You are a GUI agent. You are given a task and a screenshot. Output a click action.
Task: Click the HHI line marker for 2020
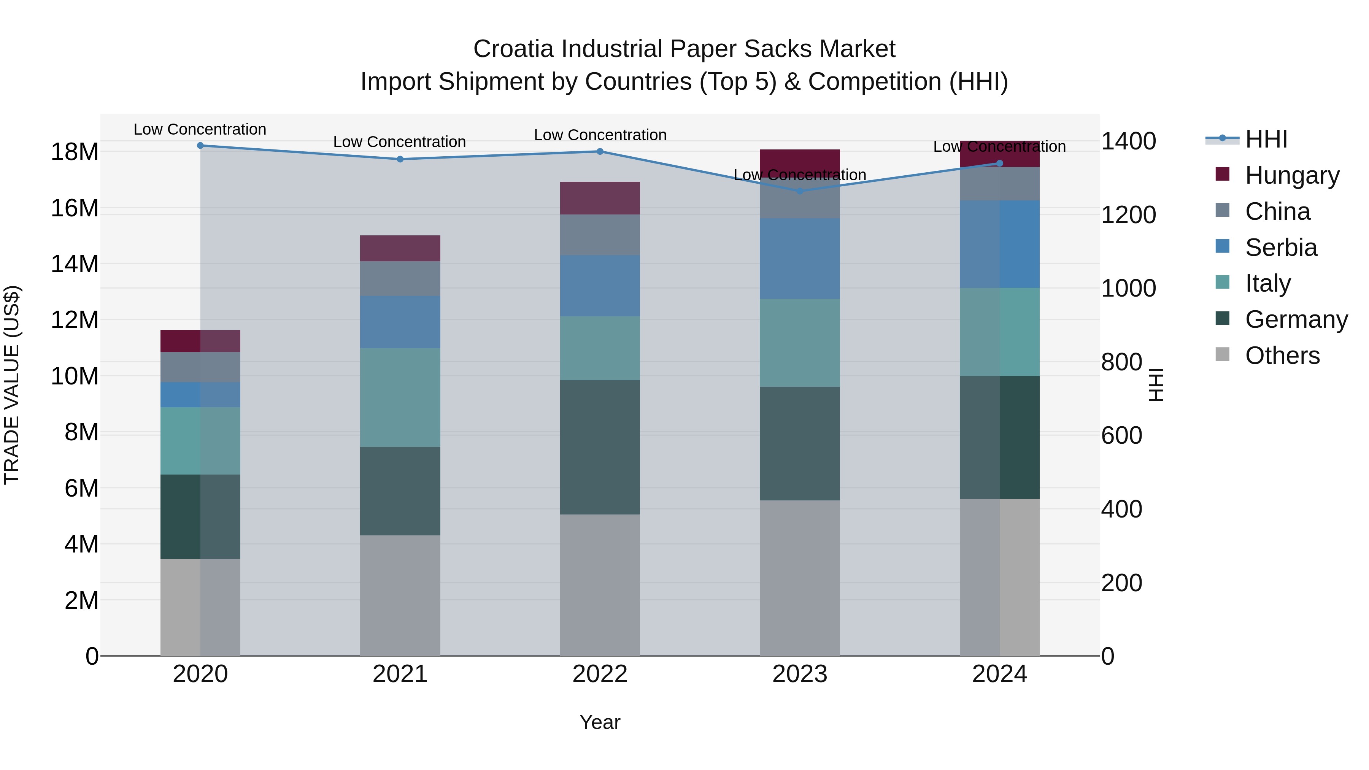[x=200, y=146]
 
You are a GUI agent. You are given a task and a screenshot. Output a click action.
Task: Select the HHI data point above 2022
[x=600, y=151]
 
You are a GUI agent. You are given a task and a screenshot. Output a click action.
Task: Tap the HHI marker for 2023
[x=800, y=191]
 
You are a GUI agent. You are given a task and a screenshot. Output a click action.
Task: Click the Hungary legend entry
[x=1292, y=175]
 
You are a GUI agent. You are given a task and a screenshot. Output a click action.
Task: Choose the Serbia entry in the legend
[x=1281, y=248]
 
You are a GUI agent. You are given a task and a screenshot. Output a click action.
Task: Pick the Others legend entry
[x=1282, y=356]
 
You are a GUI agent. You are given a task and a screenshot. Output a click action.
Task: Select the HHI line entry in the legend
[x=1266, y=139]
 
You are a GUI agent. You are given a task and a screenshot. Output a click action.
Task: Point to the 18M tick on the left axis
[x=75, y=152]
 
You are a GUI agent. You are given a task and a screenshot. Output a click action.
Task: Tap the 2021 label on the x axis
[x=400, y=674]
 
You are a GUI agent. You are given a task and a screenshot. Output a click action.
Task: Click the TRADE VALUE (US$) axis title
[x=12, y=385]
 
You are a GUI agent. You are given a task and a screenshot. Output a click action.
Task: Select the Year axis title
[x=600, y=722]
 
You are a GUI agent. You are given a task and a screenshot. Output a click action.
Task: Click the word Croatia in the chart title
[x=513, y=49]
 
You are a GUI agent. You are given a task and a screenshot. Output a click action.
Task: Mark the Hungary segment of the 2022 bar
[x=600, y=198]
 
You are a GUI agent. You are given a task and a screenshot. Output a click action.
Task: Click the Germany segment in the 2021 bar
[x=400, y=491]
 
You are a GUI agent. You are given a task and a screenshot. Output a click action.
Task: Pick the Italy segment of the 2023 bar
[x=800, y=343]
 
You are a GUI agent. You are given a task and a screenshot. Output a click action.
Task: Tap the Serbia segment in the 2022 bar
[x=600, y=286]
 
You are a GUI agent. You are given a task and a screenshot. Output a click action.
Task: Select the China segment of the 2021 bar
[x=400, y=278]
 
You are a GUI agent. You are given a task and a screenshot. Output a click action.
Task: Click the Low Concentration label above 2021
[x=400, y=142]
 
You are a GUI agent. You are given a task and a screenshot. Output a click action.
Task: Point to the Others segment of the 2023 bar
[x=800, y=578]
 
